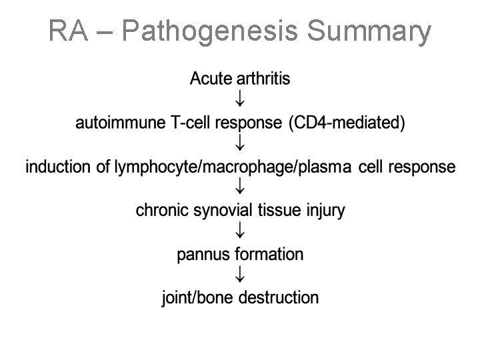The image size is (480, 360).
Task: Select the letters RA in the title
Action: click(66, 31)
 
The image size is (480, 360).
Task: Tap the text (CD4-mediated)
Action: click(352, 123)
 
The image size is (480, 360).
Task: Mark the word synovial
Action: click(219, 211)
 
